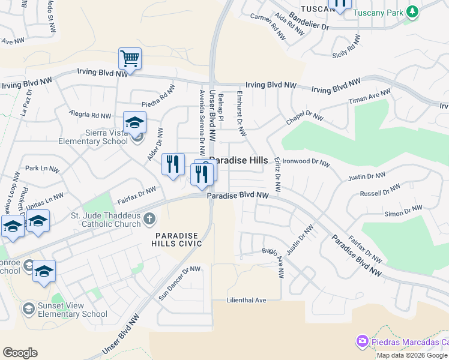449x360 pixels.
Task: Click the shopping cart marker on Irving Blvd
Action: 130,59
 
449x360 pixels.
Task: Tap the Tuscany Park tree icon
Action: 412,12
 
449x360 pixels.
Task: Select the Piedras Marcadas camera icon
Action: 362,341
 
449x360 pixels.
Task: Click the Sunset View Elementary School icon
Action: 28,309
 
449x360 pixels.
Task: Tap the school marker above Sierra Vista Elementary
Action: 135,122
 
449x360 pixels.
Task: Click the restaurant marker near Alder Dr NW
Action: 173,164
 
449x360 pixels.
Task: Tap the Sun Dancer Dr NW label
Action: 179,284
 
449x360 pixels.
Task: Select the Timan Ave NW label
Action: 370,98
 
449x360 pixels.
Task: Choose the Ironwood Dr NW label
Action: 307,162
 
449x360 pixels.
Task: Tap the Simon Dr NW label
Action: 403,211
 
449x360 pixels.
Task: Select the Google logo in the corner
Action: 20,353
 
